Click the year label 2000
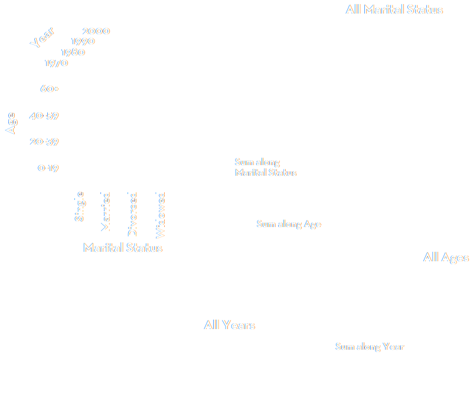tap(96, 31)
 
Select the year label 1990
tap(83, 41)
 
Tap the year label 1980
tap(72, 52)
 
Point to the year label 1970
tap(56, 63)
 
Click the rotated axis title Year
tap(43, 37)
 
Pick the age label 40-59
tap(44, 116)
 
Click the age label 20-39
tap(44, 142)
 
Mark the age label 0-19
tap(48, 168)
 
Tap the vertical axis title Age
tap(11, 123)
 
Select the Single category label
tap(80, 206)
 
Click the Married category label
tap(106, 211)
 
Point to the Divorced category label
tap(133, 214)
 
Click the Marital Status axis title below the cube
tap(123, 248)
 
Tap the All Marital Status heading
tap(395, 9)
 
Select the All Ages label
tap(446, 258)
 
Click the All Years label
tap(230, 325)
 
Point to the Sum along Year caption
tap(370, 347)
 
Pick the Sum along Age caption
tap(289, 224)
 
